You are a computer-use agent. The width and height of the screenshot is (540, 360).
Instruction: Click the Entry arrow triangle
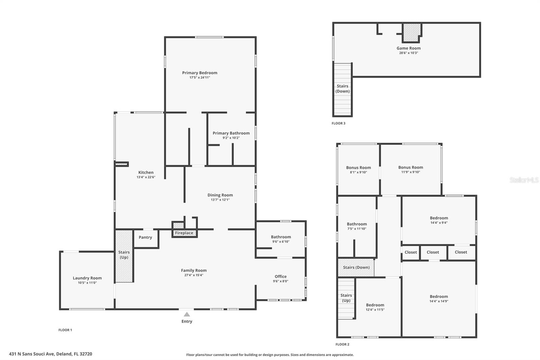187,314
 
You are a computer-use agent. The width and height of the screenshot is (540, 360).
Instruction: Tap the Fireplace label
184,233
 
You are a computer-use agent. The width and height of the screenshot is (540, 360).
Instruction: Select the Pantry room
145,237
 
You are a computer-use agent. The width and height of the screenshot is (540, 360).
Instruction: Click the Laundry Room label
87,278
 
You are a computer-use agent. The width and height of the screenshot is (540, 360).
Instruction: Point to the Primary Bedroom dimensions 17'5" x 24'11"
200,78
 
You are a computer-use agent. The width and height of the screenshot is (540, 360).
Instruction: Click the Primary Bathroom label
231,133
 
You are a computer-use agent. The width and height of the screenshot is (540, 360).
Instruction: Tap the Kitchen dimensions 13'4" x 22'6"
146,177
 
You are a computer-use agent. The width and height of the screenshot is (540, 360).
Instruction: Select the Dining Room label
220,195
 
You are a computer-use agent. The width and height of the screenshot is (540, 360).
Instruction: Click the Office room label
280,276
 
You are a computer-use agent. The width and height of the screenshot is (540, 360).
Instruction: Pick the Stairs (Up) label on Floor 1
124,255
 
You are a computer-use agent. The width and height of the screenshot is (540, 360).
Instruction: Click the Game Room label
408,48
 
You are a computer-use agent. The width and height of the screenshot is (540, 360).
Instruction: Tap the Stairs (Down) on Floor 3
343,88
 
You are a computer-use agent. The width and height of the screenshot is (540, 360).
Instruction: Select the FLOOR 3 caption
339,123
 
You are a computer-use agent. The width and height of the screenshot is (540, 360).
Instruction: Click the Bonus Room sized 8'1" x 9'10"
358,170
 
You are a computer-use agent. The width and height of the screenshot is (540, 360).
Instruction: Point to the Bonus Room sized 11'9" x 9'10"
410,169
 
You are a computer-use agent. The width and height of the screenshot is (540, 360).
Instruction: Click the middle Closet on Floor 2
433,252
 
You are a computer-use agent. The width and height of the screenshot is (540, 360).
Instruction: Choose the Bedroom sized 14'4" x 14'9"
439,299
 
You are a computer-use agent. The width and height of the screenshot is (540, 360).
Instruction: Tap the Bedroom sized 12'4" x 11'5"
375,307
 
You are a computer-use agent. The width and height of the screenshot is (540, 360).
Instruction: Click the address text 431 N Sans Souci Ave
51,354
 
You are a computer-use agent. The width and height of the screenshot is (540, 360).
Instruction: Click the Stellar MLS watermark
524,180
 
